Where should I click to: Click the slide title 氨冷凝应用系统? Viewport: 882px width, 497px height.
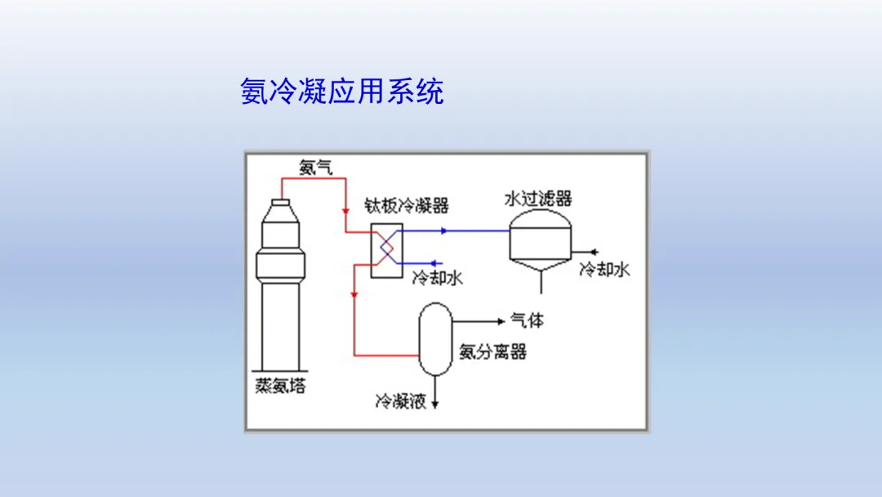coord(342,91)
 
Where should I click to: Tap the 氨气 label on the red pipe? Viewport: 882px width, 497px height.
coord(315,168)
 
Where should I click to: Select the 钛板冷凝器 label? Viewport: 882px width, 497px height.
coord(406,205)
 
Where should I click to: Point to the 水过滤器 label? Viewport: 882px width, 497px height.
coord(538,198)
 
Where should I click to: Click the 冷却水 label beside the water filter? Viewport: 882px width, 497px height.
coord(604,269)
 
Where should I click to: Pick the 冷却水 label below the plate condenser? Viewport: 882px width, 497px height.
coord(437,278)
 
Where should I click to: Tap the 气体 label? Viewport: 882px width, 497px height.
coord(527,320)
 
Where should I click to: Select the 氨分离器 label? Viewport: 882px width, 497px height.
coord(492,352)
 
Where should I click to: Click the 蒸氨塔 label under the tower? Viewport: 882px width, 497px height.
coord(280,387)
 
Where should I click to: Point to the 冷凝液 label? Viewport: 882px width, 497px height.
coord(400,401)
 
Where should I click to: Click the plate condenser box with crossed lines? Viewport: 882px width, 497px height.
coord(386,249)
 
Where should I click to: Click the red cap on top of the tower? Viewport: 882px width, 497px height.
coord(281,201)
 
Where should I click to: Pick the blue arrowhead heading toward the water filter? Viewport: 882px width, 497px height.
coord(443,231)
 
